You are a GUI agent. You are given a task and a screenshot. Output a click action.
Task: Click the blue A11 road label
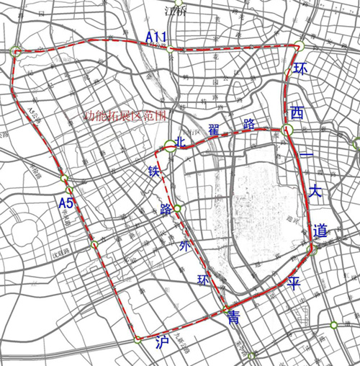pos(157,37)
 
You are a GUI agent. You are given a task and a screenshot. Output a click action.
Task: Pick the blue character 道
pos(320,231)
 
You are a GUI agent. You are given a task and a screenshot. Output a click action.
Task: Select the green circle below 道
pos(315,250)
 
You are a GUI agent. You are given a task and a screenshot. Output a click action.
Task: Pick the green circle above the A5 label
pos(64,178)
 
